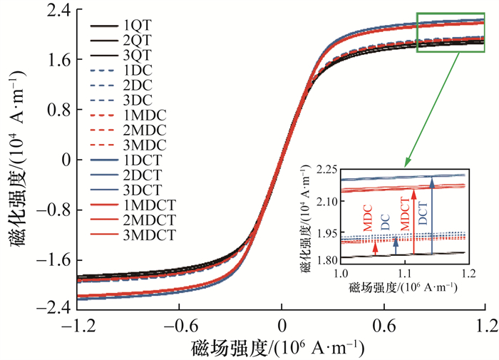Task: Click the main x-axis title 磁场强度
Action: (277, 349)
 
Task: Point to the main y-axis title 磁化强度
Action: (16, 158)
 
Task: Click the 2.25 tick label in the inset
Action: (324, 170)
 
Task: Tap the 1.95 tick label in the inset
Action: (324, 234)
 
